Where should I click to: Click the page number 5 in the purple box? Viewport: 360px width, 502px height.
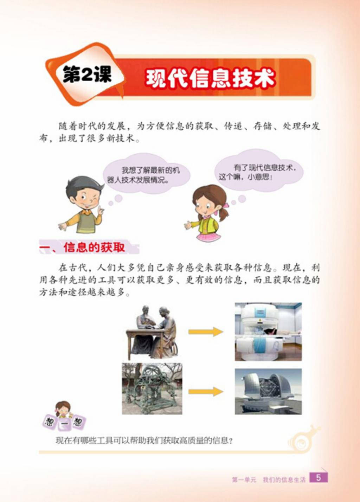(x=319, y=478)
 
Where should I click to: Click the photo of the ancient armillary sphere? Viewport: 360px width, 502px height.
(x=152, y=389)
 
